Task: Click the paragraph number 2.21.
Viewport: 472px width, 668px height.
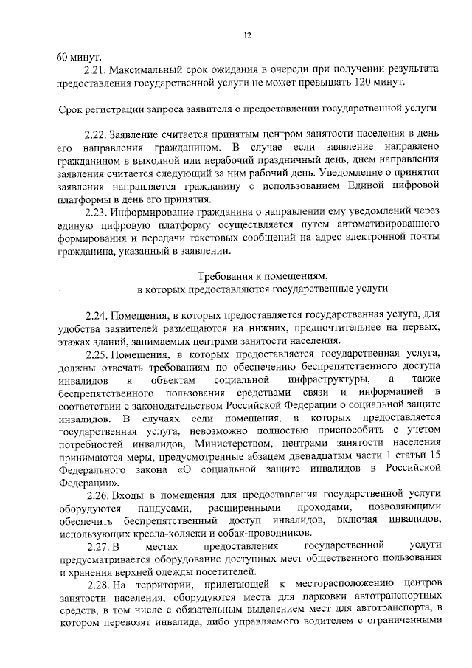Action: coord(95,69)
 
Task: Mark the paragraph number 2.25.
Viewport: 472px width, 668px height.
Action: coord(96,354)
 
